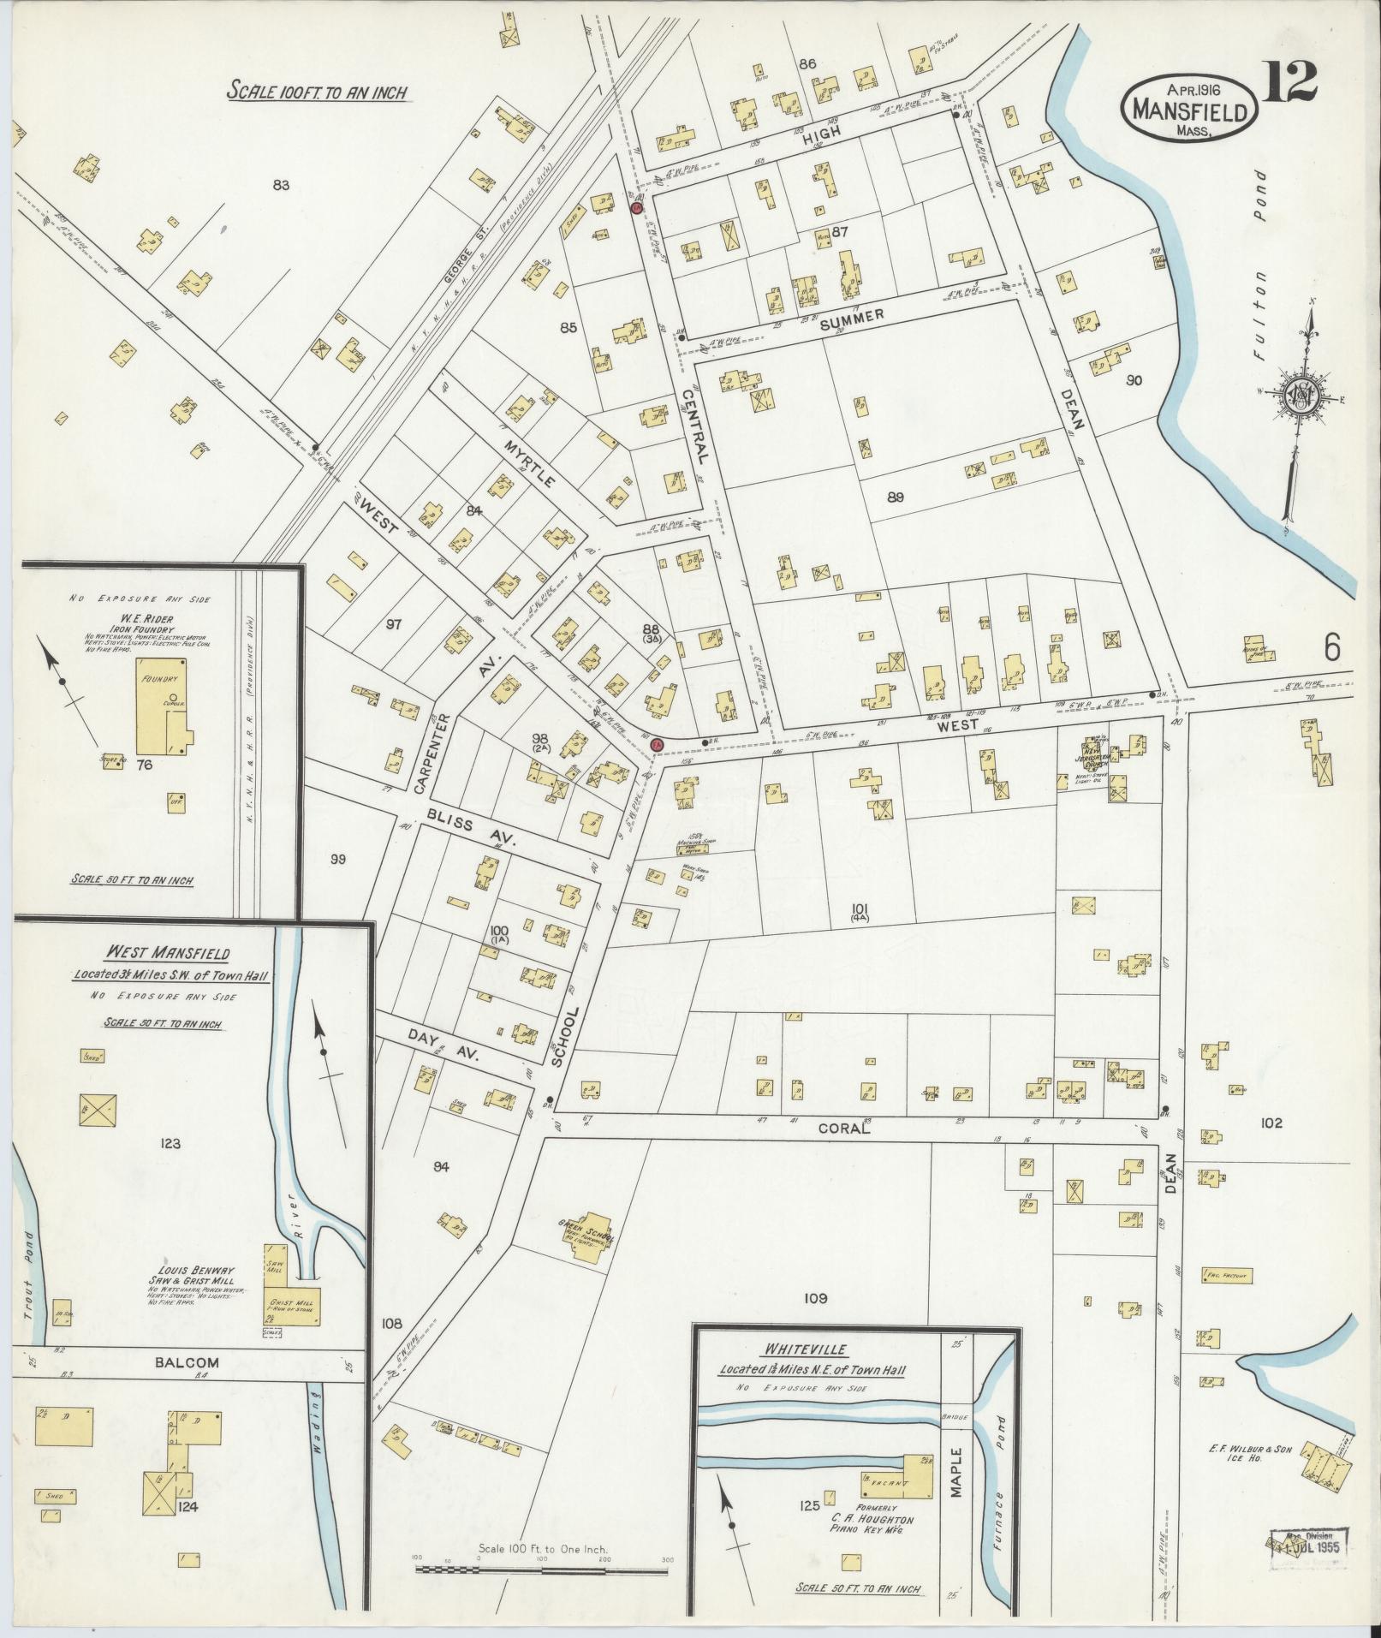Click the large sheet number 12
[x=1289, y=82]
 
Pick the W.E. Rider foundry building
[x=164, y=713]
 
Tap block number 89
[x=896, y=497]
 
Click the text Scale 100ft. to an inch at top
[x=317, y=92]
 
